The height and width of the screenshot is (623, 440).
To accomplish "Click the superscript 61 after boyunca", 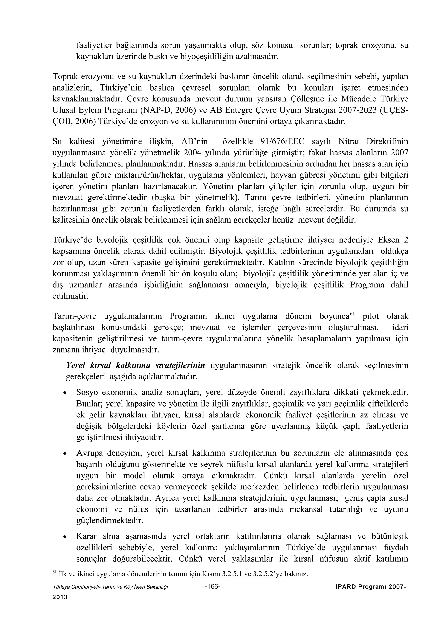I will coord(352,314).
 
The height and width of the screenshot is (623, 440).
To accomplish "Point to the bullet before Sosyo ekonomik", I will coord(64,393).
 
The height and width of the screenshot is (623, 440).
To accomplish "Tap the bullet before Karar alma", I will coord(64,537).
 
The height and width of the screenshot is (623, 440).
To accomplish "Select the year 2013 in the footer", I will coord(60,597).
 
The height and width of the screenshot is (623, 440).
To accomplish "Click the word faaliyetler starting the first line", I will coord(93,45).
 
